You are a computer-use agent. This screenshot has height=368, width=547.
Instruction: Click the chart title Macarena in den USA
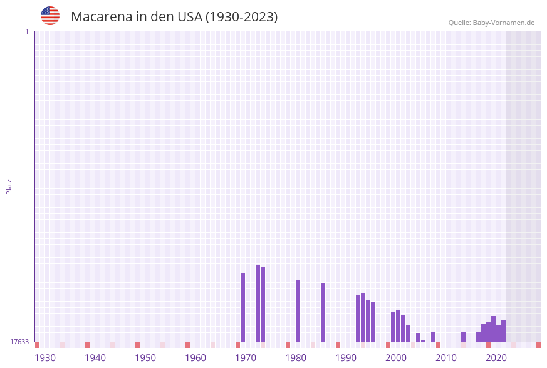(174, 17)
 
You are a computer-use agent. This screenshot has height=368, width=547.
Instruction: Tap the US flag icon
(50, 16)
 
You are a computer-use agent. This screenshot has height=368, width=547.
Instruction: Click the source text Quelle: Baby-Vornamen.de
(491, 23)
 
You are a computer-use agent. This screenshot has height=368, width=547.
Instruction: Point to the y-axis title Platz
(9, 186)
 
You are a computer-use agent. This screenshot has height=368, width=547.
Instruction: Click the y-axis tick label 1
(26, 31)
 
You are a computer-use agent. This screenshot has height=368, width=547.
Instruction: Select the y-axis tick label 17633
(19, 342)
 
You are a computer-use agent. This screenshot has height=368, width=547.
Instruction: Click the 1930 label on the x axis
(45, 358)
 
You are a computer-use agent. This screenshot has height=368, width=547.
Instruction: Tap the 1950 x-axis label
(145, 358)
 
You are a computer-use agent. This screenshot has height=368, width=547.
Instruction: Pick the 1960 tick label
(195, 358)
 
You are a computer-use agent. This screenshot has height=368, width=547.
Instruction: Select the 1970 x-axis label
(246, 358)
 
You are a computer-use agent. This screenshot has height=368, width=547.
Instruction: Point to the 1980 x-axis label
(296, 358)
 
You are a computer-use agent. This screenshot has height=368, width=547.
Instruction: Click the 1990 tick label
(346, 358)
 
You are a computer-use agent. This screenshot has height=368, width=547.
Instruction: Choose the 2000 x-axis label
(396, 358)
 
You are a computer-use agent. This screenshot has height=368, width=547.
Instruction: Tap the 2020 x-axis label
(496, 358)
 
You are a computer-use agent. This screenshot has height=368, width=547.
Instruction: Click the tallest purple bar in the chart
(258, 303)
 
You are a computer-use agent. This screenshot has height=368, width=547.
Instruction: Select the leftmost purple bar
(243, 307)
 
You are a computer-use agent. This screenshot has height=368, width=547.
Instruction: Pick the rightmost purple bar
(503, 330)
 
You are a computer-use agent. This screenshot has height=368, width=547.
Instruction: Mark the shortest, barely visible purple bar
(423, 341)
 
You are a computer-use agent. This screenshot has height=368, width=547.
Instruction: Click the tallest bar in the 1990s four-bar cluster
(363, 317)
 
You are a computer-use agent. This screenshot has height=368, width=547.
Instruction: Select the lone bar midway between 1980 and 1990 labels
(323, 312)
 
